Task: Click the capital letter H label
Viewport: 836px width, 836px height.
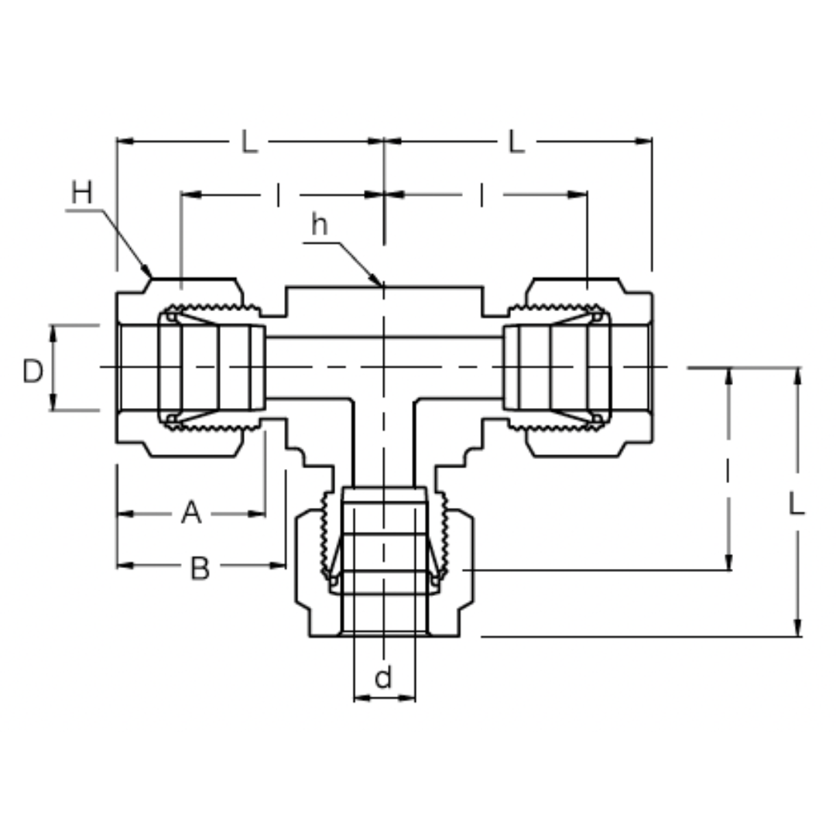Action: (x=81, y=192)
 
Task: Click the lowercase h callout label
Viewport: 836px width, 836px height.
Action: (x=319, y=224)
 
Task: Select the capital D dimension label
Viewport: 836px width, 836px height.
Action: (x=33, y=372)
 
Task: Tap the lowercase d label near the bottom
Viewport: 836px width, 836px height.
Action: (x=383, y=677)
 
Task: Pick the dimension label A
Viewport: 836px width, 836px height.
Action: (x=190, y=512)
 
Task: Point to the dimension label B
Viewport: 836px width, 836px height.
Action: (x=200, y=569)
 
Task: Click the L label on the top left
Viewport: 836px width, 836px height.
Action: (x=248, y=142)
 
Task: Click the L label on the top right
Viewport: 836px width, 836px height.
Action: (x=516, y=142)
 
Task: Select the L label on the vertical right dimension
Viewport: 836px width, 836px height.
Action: (x=797, y=504)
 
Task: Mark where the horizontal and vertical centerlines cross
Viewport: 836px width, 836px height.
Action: (x=384, y=367)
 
